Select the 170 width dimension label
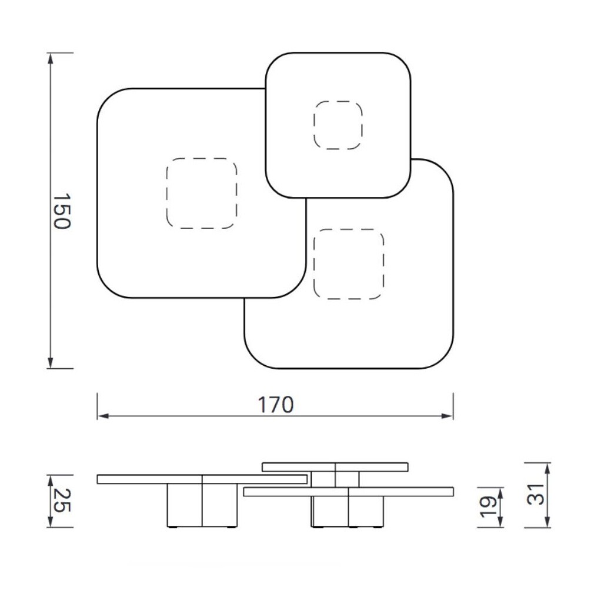coord(275,405)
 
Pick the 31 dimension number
coord(535,495)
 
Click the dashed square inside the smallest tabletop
coord(338,125)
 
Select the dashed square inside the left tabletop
coord(202,193)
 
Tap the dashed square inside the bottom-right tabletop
coord(349,263)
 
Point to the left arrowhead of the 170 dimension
coord(102,416)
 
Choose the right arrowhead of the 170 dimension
coord(448,416)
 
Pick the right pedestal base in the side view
coord(348,511)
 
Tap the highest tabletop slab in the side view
coord(335,467)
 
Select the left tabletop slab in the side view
coord(202,479)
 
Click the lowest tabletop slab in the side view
coord(348,492)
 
